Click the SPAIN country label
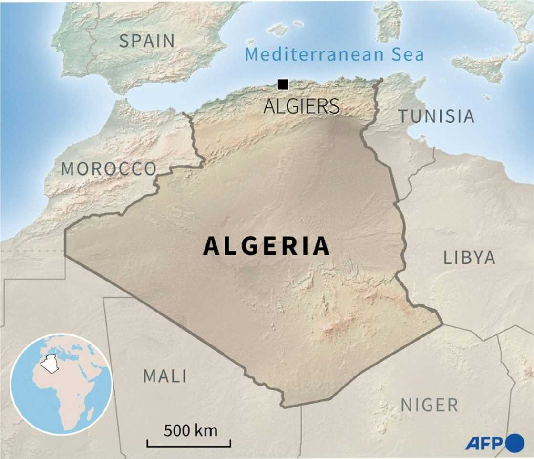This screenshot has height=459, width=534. click(147, 41)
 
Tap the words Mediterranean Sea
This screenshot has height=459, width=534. click(334, 54)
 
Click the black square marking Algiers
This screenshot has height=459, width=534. click(283, 84)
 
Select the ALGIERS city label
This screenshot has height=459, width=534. click(301, 106)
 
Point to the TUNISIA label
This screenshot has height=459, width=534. click(436, 116)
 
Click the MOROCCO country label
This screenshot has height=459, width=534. click(109, 168)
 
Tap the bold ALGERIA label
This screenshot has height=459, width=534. click(267, 246)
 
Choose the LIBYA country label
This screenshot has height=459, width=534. click(469, 258)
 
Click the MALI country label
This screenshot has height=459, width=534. click(165, 376)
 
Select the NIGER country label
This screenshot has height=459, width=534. click(429, 405)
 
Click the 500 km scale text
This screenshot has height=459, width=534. click(190, 430)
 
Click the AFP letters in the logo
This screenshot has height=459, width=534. click(483, 443)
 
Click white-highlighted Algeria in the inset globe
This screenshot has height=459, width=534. click(49, 365)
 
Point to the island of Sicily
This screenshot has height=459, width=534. click(477, 67)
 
